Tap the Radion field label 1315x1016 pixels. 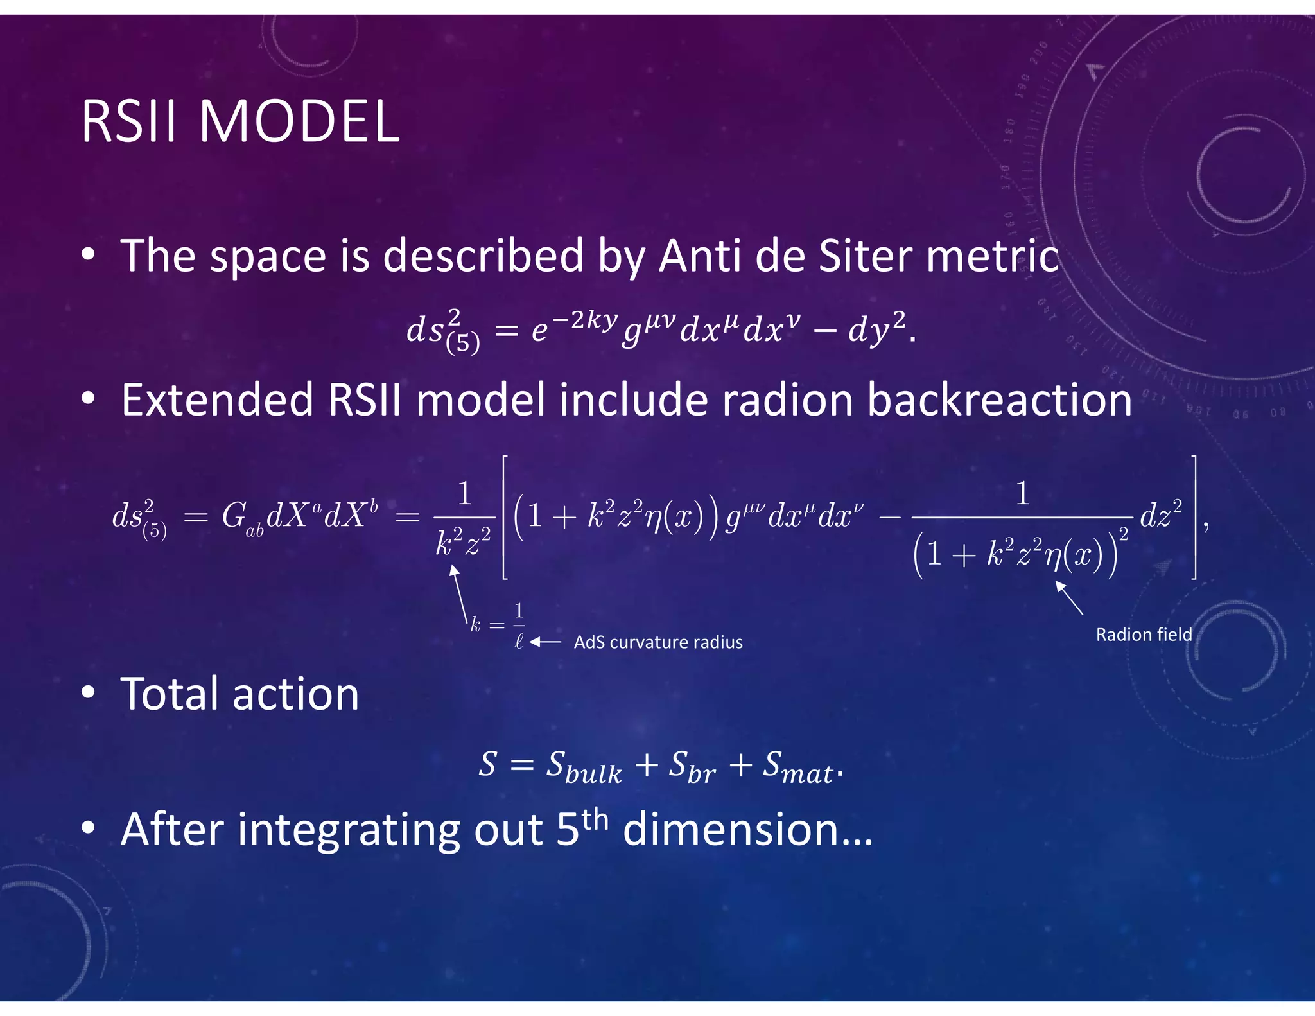[1144, 635]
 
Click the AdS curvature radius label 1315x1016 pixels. [657, 642]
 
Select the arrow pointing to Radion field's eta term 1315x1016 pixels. [1069, 598]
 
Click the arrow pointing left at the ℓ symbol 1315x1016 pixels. [546, 642]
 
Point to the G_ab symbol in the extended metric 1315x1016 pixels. [241, 518]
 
